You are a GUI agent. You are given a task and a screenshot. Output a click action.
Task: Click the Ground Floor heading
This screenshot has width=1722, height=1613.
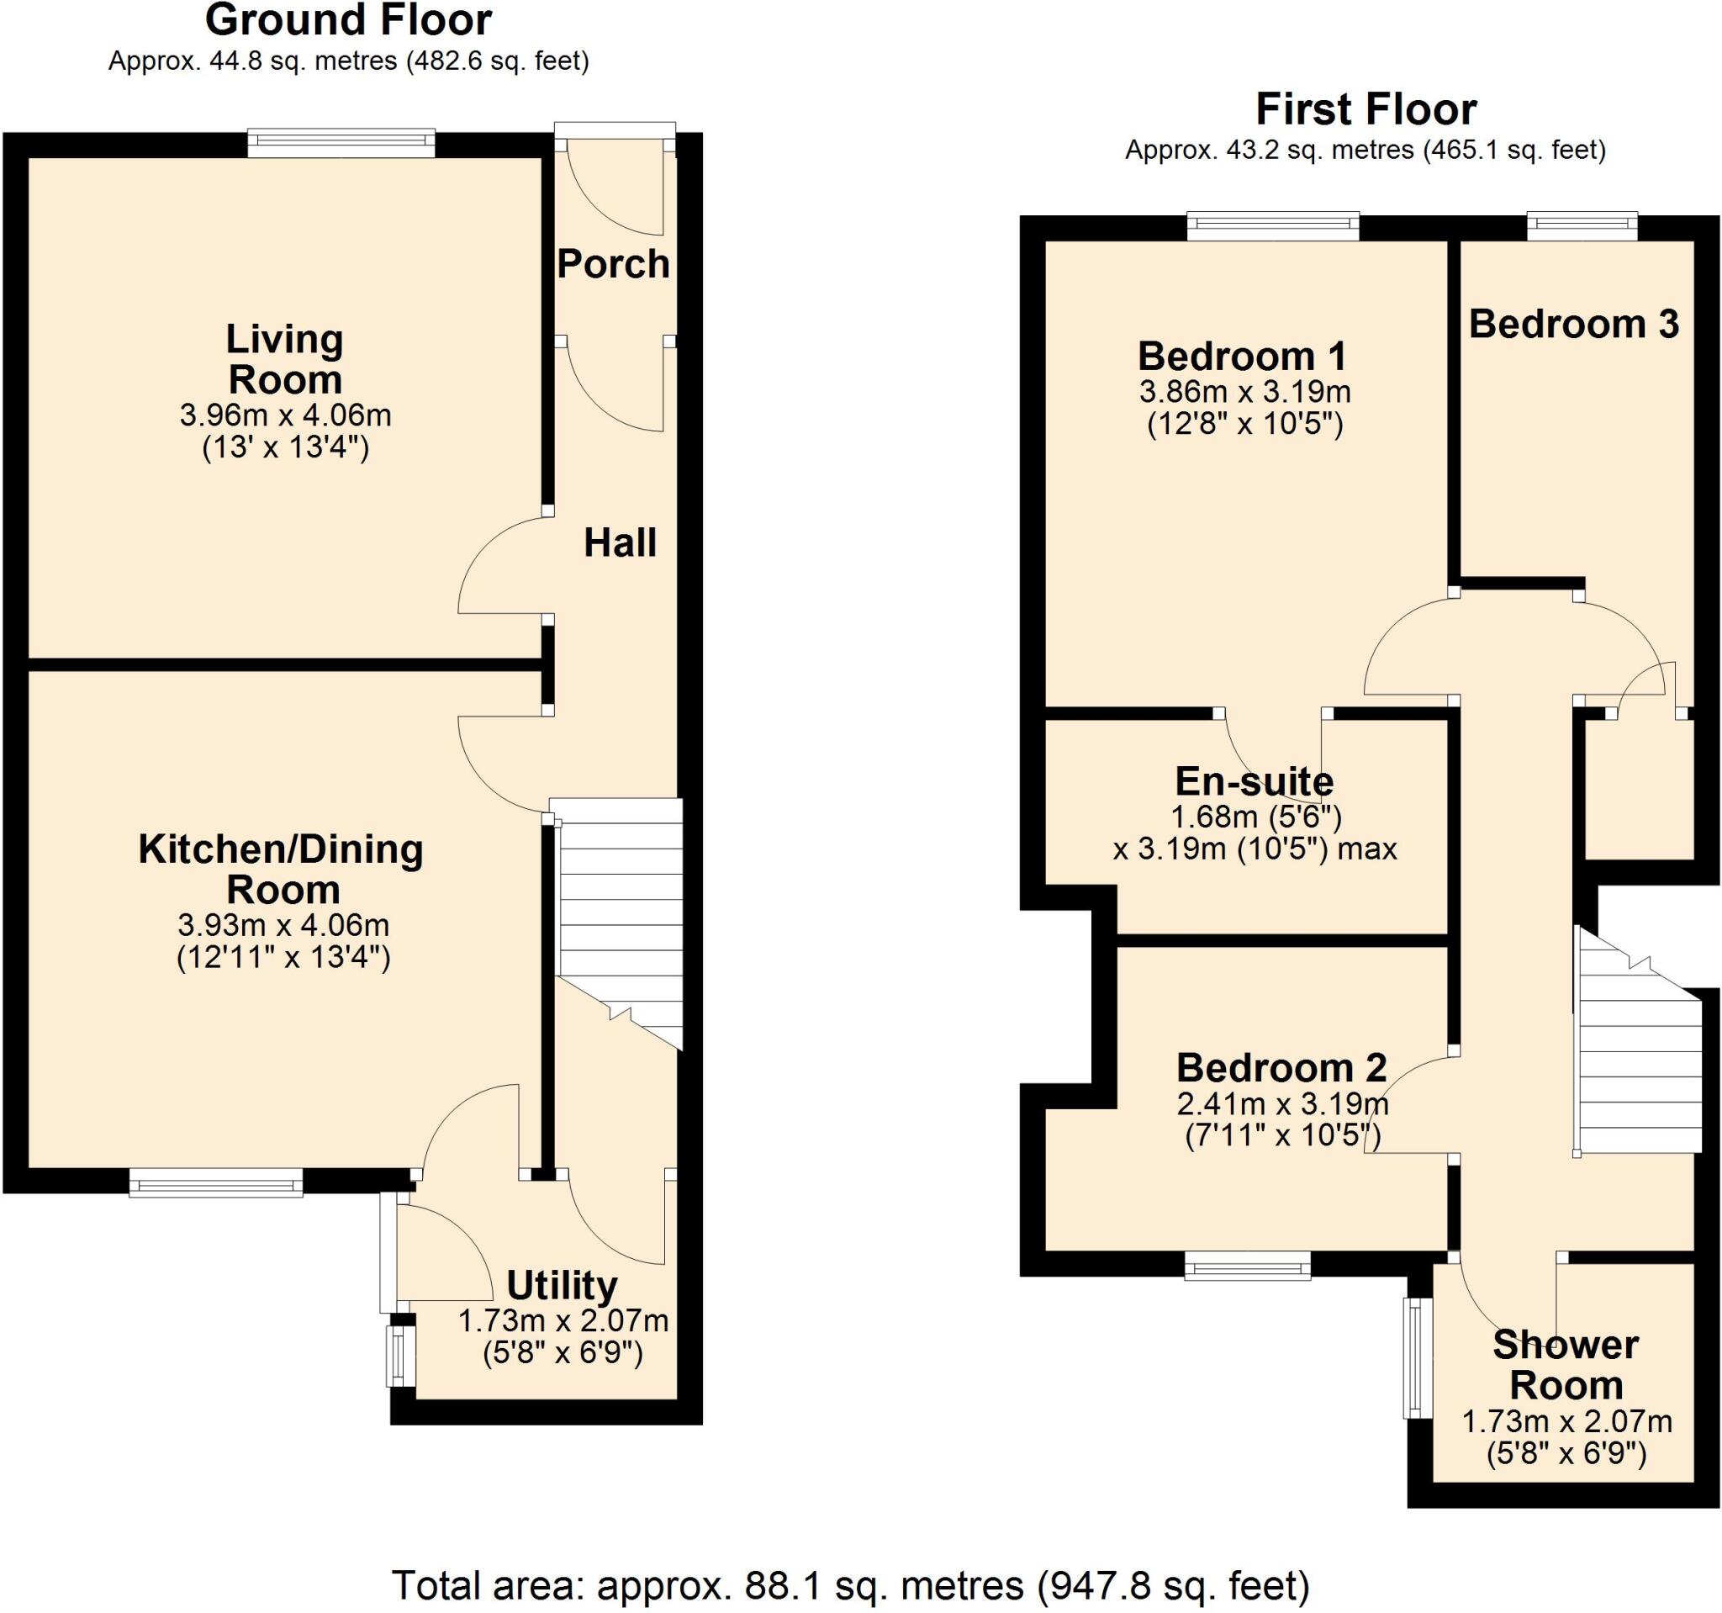coord(348,21)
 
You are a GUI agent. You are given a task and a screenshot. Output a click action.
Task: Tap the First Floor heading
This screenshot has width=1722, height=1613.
coord(1365,110)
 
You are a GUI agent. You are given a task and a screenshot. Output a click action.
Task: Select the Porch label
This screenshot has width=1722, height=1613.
coord(613,264)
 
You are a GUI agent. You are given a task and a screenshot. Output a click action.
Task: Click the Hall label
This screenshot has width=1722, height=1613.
coord(620,543)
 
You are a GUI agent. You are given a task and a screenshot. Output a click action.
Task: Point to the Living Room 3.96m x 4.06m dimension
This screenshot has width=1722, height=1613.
coord(285,415)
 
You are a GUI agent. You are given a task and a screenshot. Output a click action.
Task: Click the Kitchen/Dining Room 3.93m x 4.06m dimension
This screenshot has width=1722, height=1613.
coord(283,925)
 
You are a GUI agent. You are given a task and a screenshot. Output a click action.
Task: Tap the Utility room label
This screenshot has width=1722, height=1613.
coord(562,1286)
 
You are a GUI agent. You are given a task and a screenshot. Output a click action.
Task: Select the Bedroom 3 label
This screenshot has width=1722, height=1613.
coord(1573,324)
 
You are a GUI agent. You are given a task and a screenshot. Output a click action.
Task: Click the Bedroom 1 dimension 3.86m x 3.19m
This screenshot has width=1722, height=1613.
coord(1244,393)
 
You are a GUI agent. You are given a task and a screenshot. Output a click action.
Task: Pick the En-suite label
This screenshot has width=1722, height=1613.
coord(1254,781)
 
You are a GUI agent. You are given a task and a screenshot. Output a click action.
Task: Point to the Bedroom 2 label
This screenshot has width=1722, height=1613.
coord(1281,1068)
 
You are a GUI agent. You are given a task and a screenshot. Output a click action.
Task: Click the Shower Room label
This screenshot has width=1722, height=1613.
coord(1566,1365)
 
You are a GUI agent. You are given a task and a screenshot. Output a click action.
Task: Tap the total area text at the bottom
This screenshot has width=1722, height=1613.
coord(851,1586)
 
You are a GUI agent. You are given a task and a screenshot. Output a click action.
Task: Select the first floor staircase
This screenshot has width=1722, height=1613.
coord(1636,1057)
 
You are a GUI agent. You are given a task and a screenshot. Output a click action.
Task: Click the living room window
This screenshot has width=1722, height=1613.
coord(341,144)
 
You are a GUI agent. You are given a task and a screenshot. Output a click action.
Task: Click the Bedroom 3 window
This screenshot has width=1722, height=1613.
coord(1582,227)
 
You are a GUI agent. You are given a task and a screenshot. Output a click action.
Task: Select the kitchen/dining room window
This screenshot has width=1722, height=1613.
coord(216,1182)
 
